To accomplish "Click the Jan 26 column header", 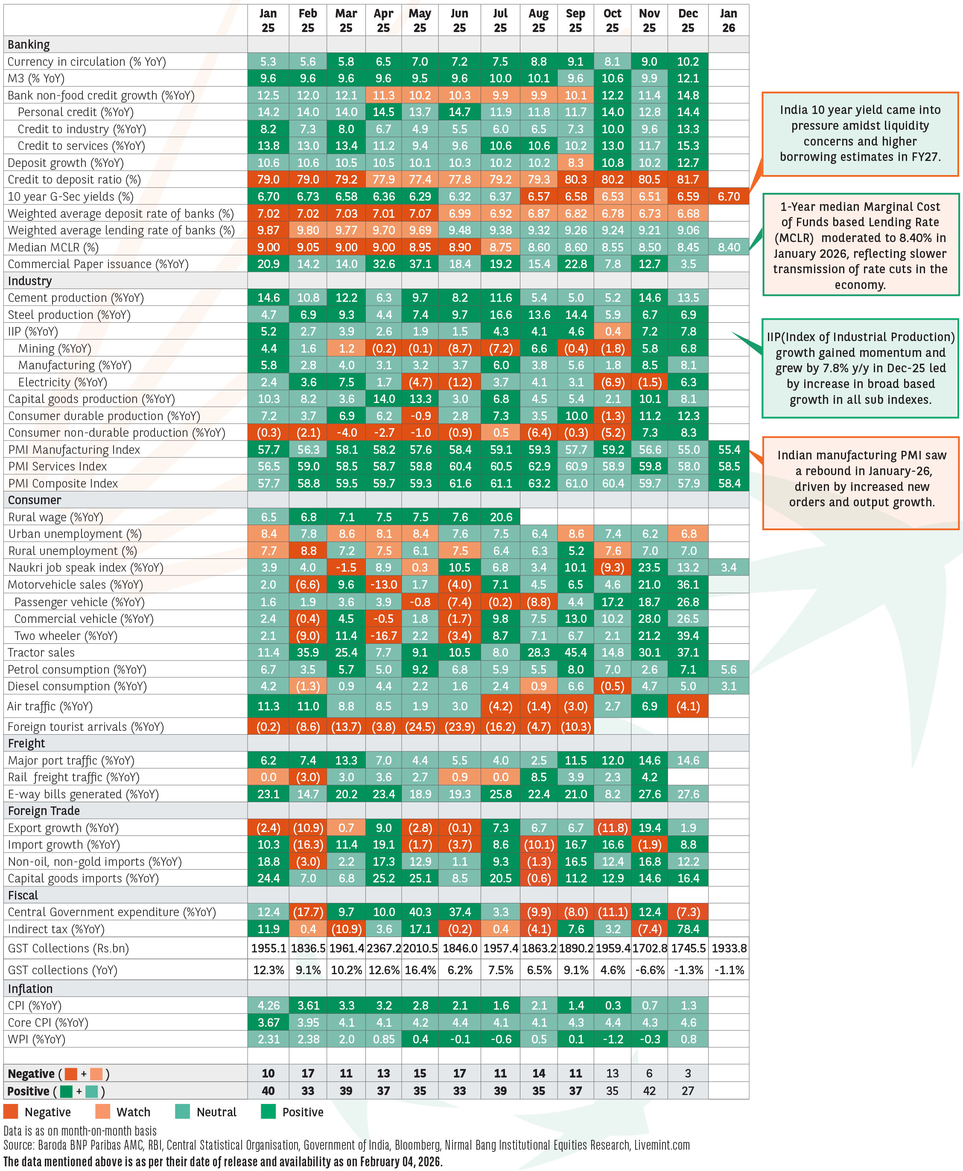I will [728, 20].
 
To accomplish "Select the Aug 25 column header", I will [538, 20].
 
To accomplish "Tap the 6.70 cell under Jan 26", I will [728, 196].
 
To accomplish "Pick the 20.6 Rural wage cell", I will [500, 517].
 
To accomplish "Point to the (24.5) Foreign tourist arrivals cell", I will [420, 727].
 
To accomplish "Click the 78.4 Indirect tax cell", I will [688, 929].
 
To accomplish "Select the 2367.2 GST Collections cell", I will [383, 949].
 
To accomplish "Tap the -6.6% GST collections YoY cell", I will [649, 970].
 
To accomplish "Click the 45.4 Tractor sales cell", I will [575, 652].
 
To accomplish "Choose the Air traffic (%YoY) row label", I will [50, 706].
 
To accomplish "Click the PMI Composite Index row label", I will [63, 483].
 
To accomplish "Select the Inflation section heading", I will [30, 989].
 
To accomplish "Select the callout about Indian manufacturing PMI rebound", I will [861, 482].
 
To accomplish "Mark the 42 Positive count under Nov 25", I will [649, 1091].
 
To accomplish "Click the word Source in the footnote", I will [18, 1145].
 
